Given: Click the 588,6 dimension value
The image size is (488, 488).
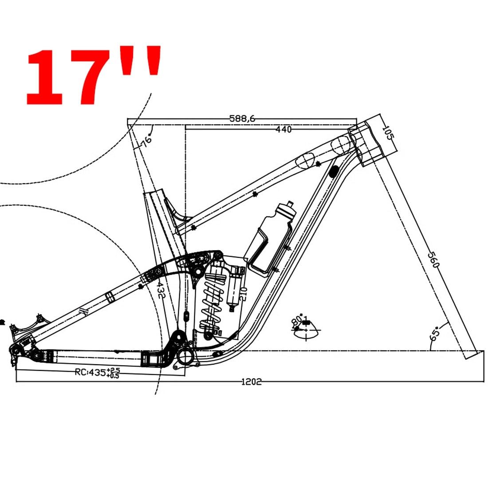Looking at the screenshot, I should [242, 118].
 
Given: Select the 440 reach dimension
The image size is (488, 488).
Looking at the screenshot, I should [283, 130].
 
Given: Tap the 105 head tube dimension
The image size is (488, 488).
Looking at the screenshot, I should [387, 133].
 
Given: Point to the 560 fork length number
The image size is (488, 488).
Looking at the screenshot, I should [433, 260].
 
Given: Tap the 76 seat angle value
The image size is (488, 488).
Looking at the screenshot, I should [146, 141].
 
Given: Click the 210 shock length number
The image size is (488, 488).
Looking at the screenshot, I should [243, 294].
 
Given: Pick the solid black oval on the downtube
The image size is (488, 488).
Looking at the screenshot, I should [334, 170].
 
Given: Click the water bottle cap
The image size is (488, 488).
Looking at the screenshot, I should [289, 205].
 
